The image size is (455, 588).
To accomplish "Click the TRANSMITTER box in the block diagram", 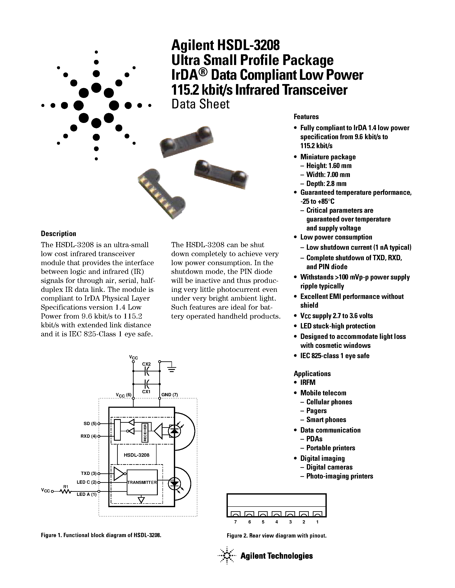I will point(142,482).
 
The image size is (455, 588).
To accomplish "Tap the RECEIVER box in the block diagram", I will point(145,432).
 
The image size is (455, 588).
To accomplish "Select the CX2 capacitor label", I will point(146,364).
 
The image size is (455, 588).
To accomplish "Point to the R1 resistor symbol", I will point(66,492).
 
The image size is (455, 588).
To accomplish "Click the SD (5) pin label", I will point(90,424).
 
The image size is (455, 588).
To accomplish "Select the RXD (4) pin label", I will point(88,436).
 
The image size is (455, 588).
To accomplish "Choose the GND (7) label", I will point(170,395).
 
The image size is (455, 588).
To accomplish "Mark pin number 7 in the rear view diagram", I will point(236,522).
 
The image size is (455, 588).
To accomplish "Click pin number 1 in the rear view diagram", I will point(317,522).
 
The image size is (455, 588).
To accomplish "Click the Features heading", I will point(306,117).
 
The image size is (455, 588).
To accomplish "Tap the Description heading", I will point(58,233).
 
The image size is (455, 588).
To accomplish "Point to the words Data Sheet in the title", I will point(201,104).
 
